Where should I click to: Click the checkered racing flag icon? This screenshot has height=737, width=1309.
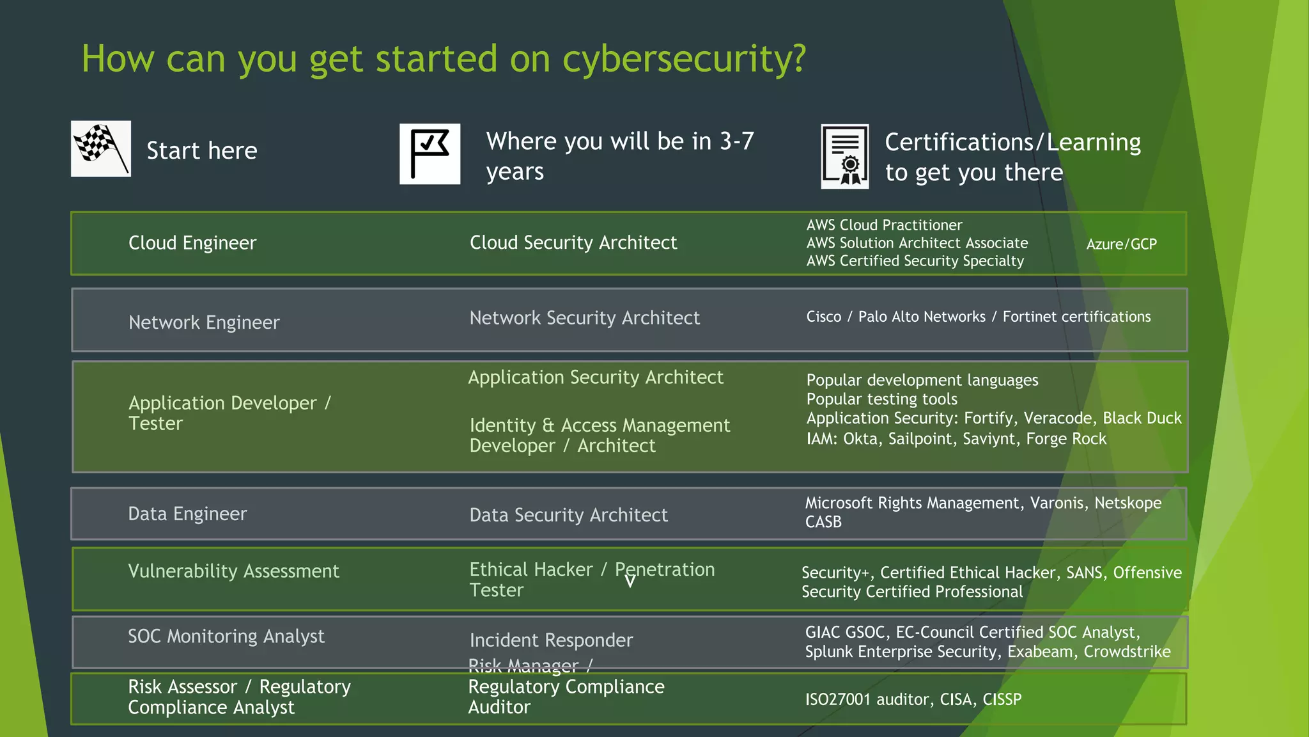coord(101,149)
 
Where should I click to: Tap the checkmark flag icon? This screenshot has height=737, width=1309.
coord(430,154)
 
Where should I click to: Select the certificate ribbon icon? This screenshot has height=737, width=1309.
coord(844,157)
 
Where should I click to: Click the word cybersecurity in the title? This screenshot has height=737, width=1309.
coord(684,59)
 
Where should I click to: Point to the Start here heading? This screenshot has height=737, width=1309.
coord(202,151)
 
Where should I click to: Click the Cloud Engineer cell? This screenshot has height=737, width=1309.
coord(192,243)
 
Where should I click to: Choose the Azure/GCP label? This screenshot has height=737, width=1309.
coord(1121,244)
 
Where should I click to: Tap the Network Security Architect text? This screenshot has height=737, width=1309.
coord(584,318)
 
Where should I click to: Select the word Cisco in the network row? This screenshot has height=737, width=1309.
coord(824,317)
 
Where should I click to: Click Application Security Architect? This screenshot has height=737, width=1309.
coord(596,377)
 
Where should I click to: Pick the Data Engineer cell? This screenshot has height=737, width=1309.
coord(187,514)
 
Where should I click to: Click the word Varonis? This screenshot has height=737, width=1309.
coord(1057,503)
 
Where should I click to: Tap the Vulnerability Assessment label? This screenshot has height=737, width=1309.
coord(233,571)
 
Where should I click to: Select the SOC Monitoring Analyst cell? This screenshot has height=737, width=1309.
coord(226,636)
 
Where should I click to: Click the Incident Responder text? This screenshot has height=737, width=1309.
coord(551,640)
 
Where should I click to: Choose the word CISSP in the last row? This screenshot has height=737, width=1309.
coord(1002,699)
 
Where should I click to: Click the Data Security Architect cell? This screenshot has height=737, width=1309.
coord(568,515)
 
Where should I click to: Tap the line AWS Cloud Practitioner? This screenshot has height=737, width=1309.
coord(884,225)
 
